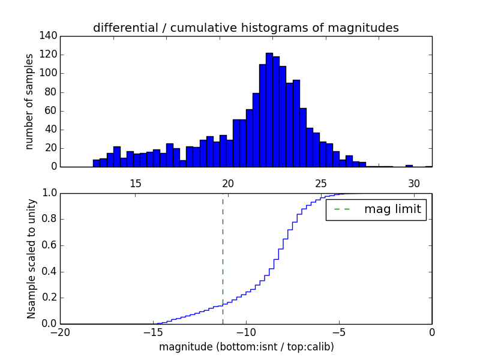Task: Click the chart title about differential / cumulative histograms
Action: coord(245,28)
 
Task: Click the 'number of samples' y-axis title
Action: coord(29,101)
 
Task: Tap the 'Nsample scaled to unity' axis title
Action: coord(31,258)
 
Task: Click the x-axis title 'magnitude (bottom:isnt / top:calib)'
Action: coord(246,347)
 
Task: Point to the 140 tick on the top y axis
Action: coord(50,36)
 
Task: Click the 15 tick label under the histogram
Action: coord(135,184)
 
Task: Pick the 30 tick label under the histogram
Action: coord(413,184)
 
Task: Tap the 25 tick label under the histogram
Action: coord(321,184)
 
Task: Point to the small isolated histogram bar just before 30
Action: coord(409,166)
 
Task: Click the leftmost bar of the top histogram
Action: coord(96,163)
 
